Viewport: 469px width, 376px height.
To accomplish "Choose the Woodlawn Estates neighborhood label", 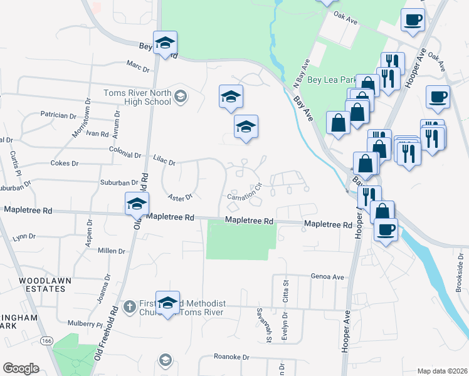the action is click(x=42, y=284).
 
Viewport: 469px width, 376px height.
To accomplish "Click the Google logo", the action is click(x=21, y=368).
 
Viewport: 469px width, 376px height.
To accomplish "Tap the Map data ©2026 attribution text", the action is click(x=442, y=371).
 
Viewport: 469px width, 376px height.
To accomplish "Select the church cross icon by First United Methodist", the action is click(x=130, y=307).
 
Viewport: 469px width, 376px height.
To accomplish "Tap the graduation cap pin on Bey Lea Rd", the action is click(x=166, y=43).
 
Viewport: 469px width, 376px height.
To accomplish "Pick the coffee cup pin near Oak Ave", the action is click(x=413, y=19).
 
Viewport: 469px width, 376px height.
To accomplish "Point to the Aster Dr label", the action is click(x=179, y=197).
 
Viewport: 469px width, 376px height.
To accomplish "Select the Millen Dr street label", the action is click(x=112, y=251).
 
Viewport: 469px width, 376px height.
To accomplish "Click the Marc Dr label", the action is click(x=137, y=65).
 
